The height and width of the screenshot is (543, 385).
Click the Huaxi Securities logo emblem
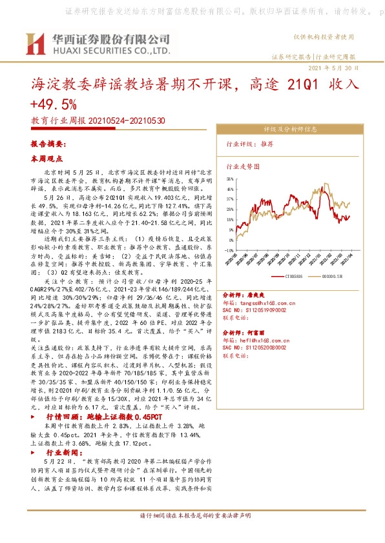coord(33,43)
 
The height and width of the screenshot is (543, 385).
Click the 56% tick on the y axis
coord(230,179)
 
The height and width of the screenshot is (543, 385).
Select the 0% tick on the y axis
coord(231,240)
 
